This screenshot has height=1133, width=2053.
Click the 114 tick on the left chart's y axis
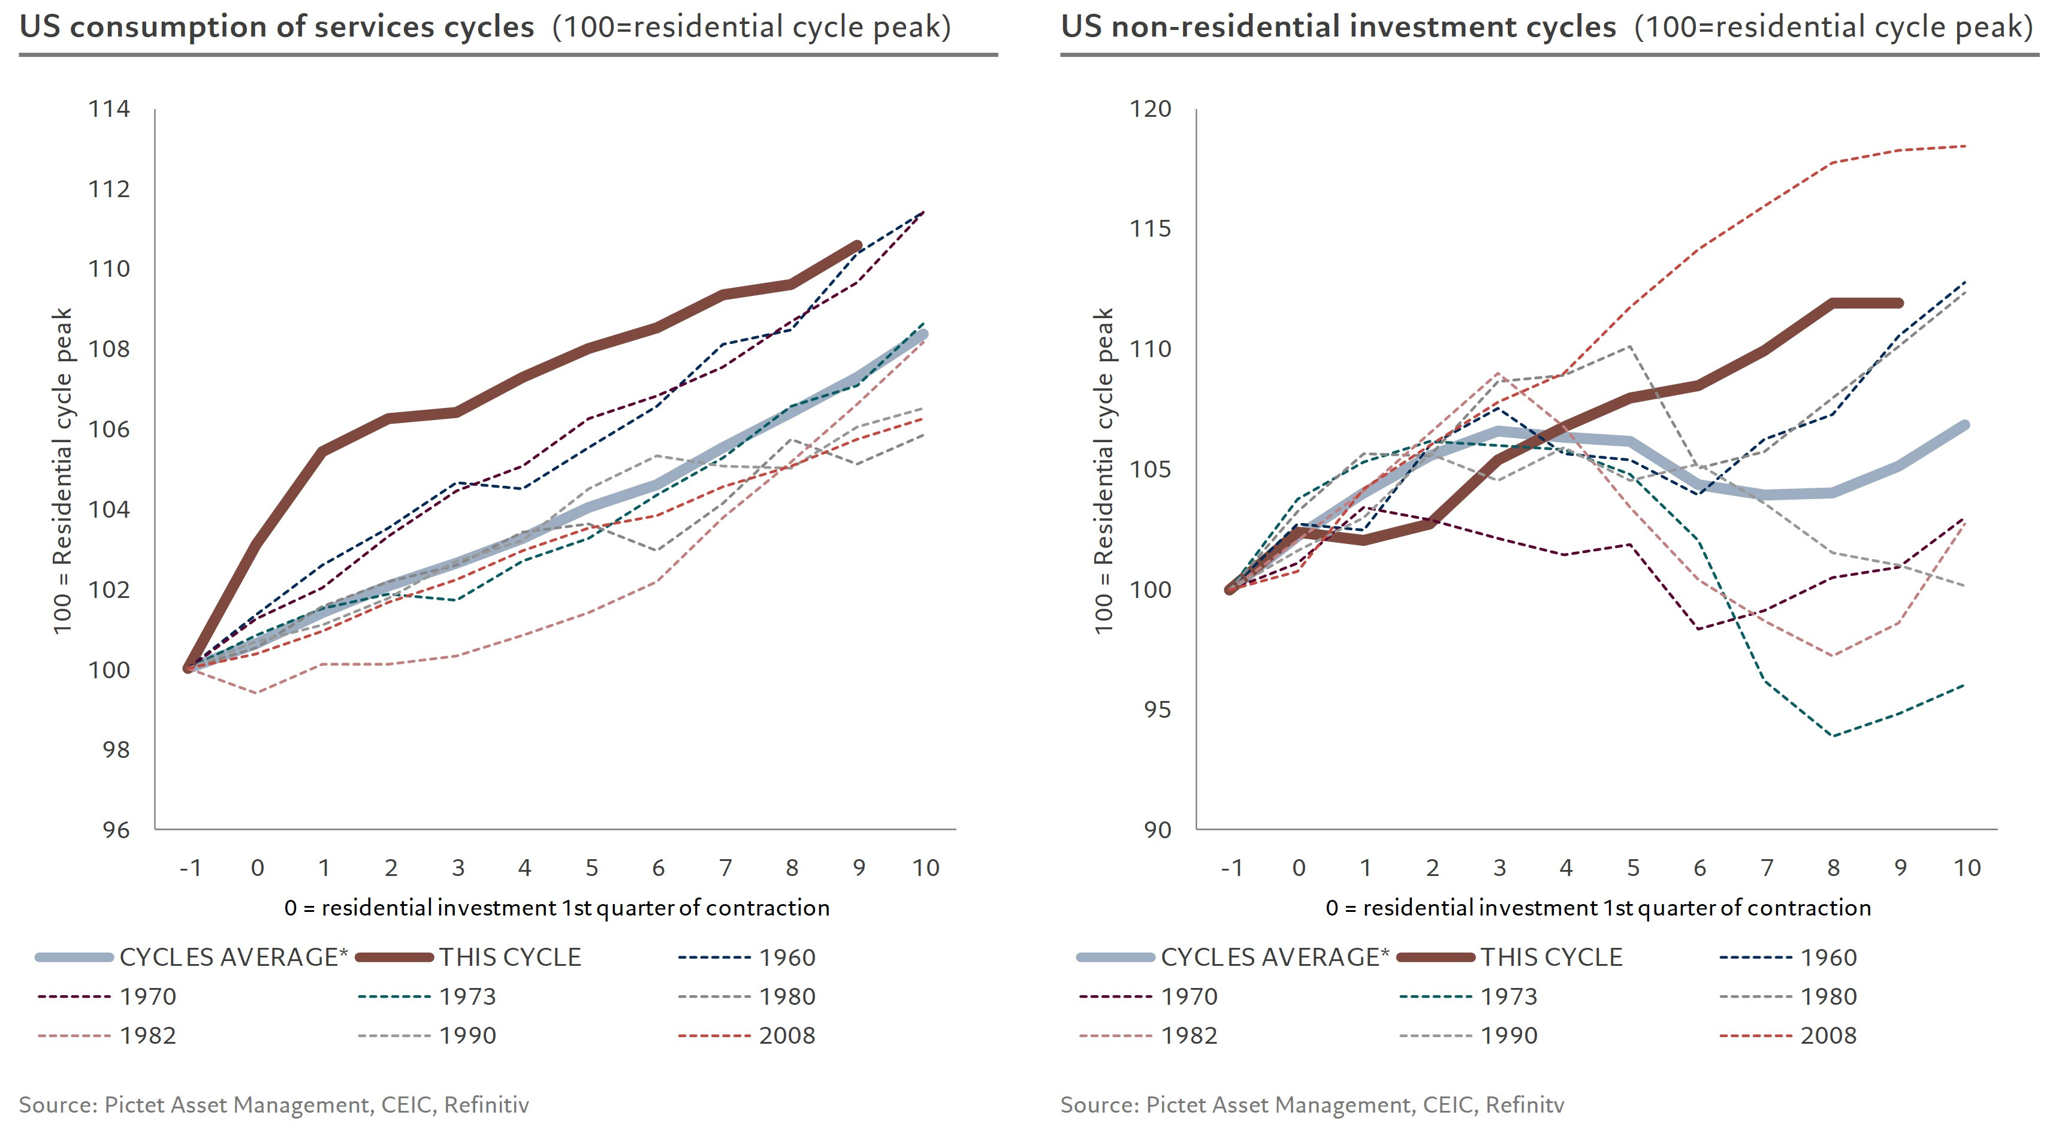pos(109,109)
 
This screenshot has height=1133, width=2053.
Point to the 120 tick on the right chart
pos(1151,109)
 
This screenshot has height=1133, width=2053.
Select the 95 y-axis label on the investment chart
pos(1157,710)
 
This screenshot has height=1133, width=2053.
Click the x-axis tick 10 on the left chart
pos(925,868)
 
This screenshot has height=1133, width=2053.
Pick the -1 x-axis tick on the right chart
pos(1231,868)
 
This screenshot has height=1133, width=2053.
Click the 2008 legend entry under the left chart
pos(787,1036)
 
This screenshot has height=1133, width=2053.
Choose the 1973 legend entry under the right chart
pos(1509,997)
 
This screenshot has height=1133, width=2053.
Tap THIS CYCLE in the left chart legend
pos(510,957)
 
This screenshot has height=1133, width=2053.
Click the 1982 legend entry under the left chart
pos(147,1036)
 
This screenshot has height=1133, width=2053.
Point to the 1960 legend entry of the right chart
pos(1828,957)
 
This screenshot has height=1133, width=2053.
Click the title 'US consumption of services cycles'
pos(276,27)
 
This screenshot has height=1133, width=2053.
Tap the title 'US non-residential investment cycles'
pos(1338,27)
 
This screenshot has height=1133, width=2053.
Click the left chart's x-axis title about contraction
pos(556,908)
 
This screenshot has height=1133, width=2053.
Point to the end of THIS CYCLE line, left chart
pos(858,244)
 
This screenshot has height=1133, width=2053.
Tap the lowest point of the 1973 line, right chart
pos(1834,735)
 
